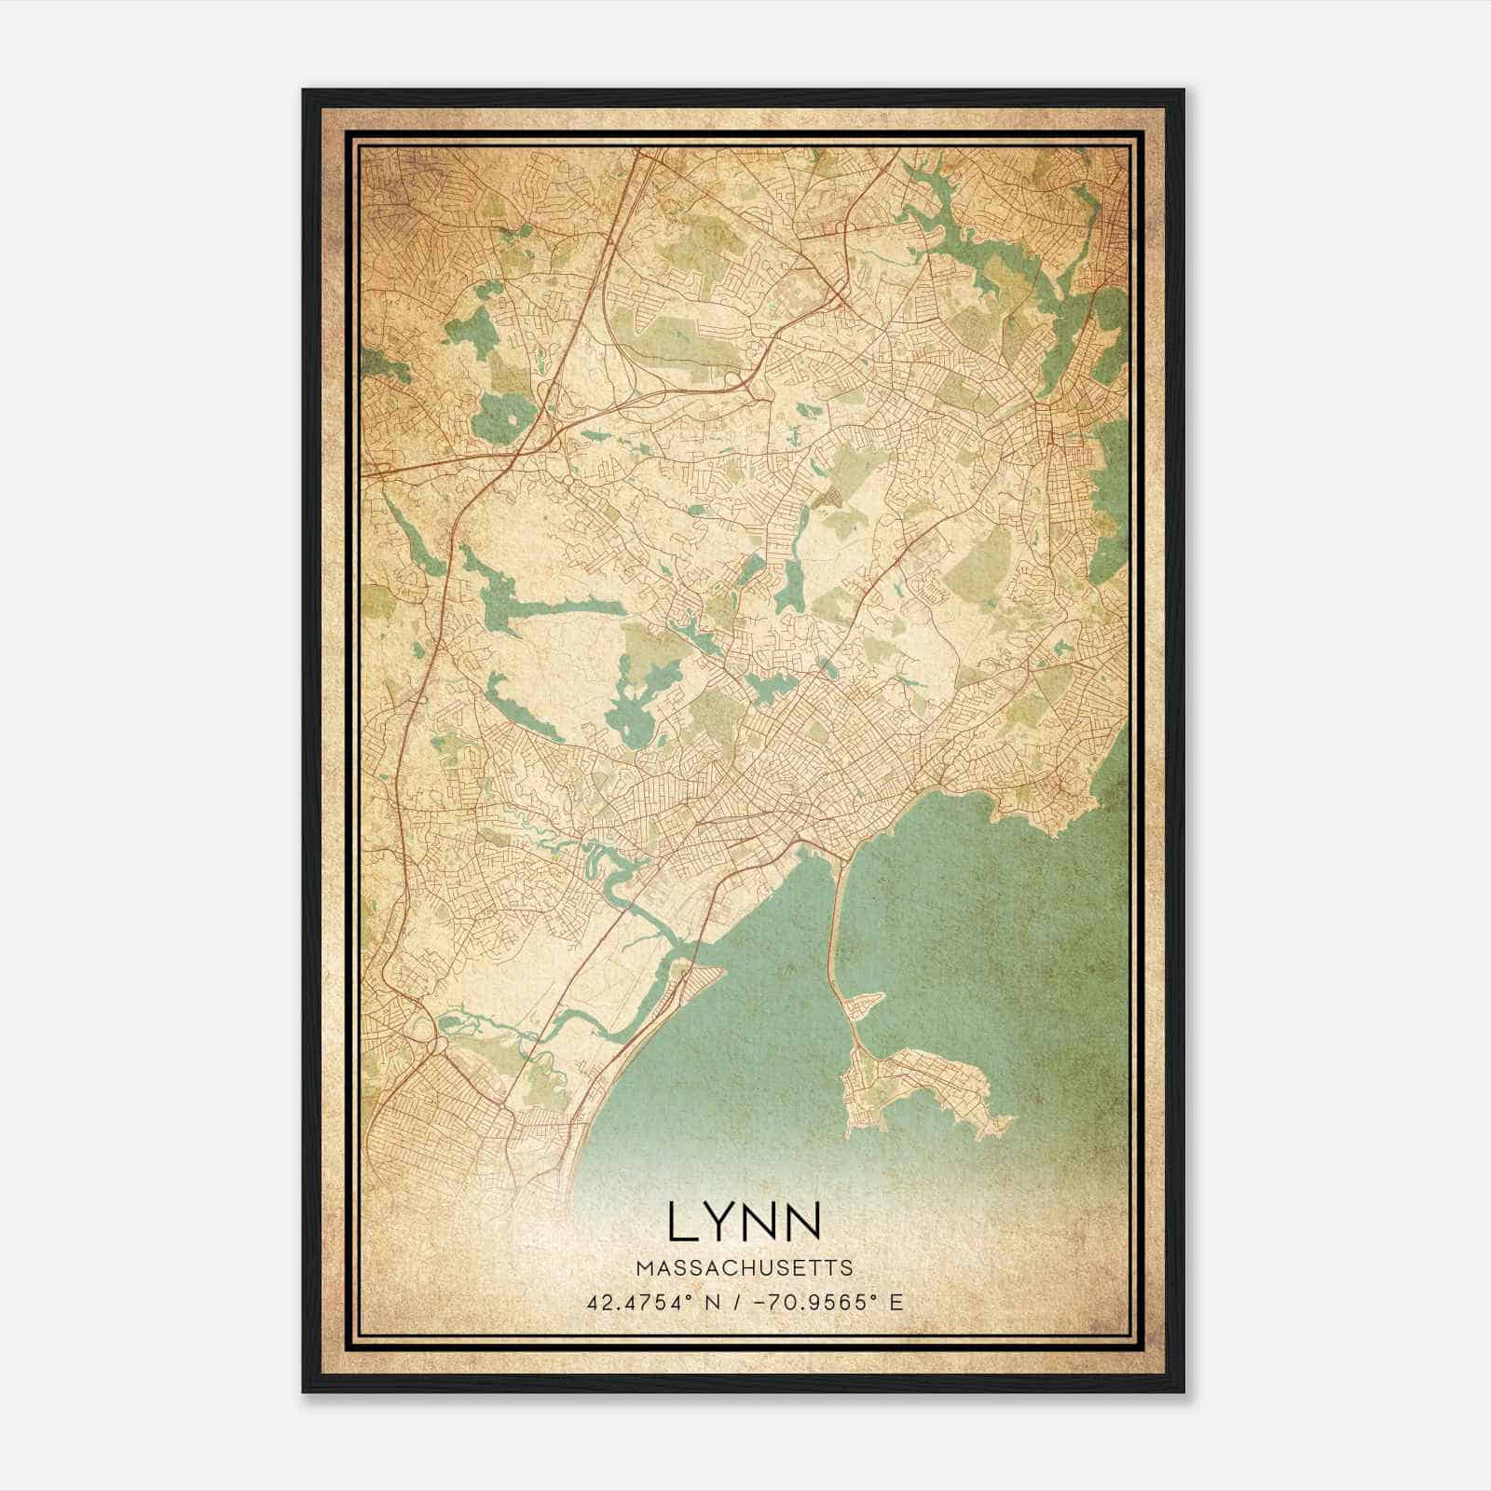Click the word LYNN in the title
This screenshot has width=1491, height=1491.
pyautogui.click(x=745, y=1222)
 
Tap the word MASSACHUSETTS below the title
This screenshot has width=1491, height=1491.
pyautogui.click(x=745, y=1268)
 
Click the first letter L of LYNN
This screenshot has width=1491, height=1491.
pyautogui.click(x=679, y=1222)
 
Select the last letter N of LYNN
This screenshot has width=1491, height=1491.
pyautogui.click(x=803, y=1222)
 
